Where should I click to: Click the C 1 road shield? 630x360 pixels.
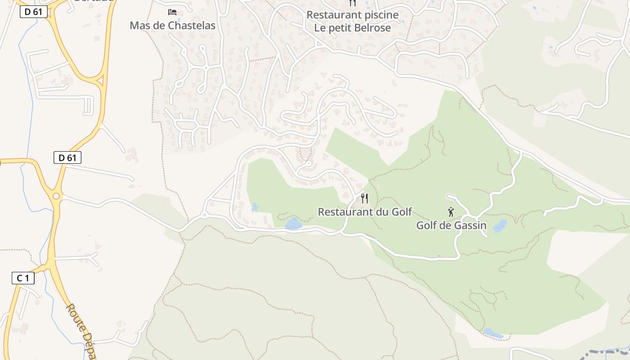click(23, 279)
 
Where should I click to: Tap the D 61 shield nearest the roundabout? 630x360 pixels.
click(67, 157)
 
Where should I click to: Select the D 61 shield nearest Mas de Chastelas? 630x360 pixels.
click(34, 12)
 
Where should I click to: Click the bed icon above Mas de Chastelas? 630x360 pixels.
click(172, 12)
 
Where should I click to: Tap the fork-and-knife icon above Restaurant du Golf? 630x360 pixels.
click(364, 198)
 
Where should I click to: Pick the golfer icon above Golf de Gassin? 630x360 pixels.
click(451, 212)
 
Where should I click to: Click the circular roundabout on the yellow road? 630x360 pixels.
click(56, 196)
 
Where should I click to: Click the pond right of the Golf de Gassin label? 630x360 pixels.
click(499, 226)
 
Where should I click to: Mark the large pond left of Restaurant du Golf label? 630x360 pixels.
click(293, 223)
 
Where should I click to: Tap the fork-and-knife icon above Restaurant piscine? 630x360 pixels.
click(352, 3)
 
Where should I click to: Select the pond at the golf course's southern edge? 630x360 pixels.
click(493, 333)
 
